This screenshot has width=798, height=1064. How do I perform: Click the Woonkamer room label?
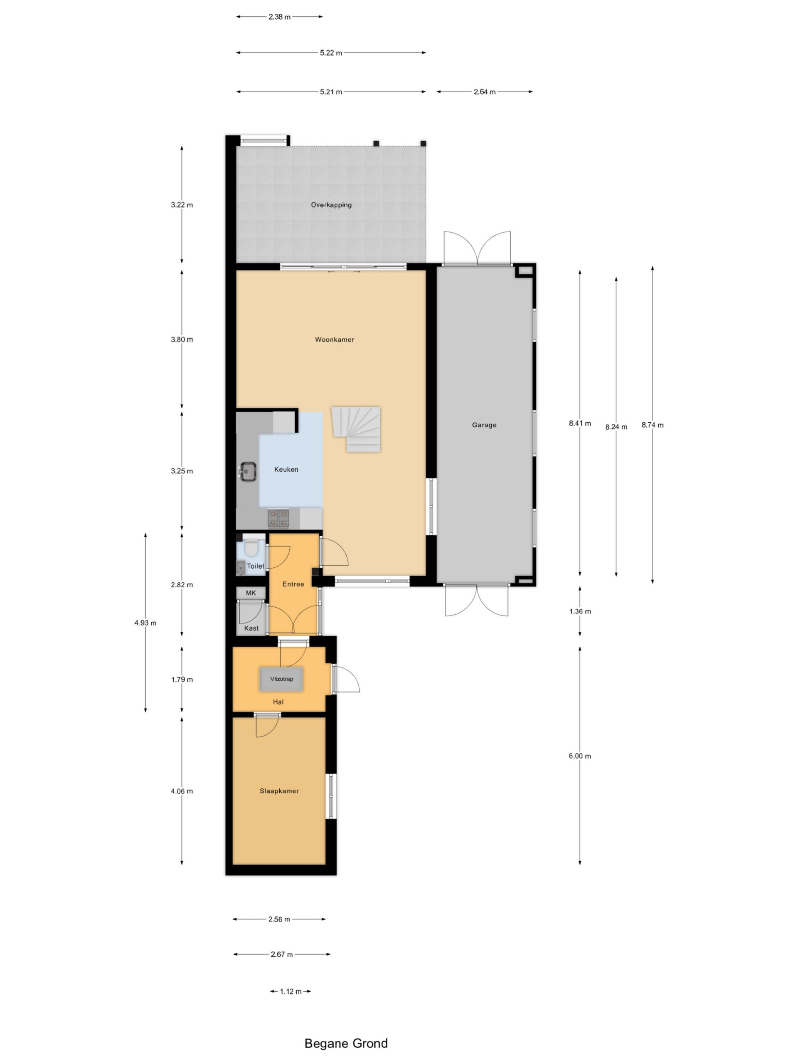(x=334, y=340)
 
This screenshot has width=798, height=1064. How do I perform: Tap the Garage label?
(x=484, y=425)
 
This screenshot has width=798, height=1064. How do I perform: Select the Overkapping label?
(x=331, y=205)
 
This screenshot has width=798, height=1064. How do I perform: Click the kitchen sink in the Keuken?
(x=248, y=471)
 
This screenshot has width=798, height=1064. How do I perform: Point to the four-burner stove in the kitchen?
(x=278, y=518)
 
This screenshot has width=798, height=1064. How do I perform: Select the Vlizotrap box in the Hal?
(x=281, y=679)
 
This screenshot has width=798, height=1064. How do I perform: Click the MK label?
(x=251, y=593)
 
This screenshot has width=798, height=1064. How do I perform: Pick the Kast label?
(x=251, y=628)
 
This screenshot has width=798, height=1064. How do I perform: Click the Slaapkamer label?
(x=279, y=791)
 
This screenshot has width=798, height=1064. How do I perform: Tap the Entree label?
(x=293, y=584)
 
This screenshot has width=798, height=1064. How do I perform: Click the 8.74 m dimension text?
(x=652, y=425)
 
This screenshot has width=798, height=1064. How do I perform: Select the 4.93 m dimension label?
(x=145, y=623)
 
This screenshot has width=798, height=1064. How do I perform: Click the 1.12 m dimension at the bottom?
(x=291, y=991)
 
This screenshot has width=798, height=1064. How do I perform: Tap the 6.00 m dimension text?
(x=580, y=756)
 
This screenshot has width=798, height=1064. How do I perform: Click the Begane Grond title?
(x=346, y=1043)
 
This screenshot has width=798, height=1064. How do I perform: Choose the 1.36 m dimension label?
(x=580, y=611)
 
